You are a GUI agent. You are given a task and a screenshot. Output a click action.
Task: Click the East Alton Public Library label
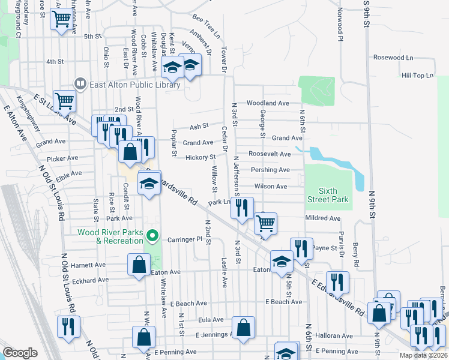(134, 85)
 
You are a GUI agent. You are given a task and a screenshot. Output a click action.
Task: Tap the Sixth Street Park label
(328, 195)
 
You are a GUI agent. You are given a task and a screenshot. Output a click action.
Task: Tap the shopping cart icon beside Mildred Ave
(265, 223)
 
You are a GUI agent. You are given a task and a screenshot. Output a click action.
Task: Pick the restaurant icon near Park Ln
(241, 208)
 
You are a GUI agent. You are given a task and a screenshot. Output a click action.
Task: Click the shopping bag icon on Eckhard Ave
(139, 264)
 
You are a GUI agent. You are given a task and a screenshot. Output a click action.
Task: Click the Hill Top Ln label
(417, 76)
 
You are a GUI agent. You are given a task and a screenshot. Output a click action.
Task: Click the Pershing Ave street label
(270, 170)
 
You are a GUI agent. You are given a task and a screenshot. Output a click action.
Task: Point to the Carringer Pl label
(186, 239)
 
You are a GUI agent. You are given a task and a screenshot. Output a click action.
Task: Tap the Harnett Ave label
(88, 265)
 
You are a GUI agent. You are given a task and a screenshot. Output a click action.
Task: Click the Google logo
(20, 352)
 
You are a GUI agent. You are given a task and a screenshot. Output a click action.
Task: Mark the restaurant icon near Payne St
(301, 248)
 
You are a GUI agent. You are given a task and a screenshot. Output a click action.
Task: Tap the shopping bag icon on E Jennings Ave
(244, 328)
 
